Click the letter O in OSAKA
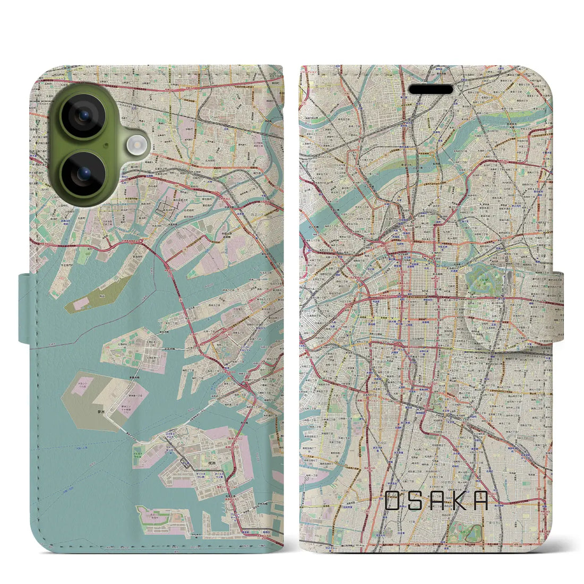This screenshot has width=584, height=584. click(393, 501)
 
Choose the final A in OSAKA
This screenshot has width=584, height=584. click(479, 501)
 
